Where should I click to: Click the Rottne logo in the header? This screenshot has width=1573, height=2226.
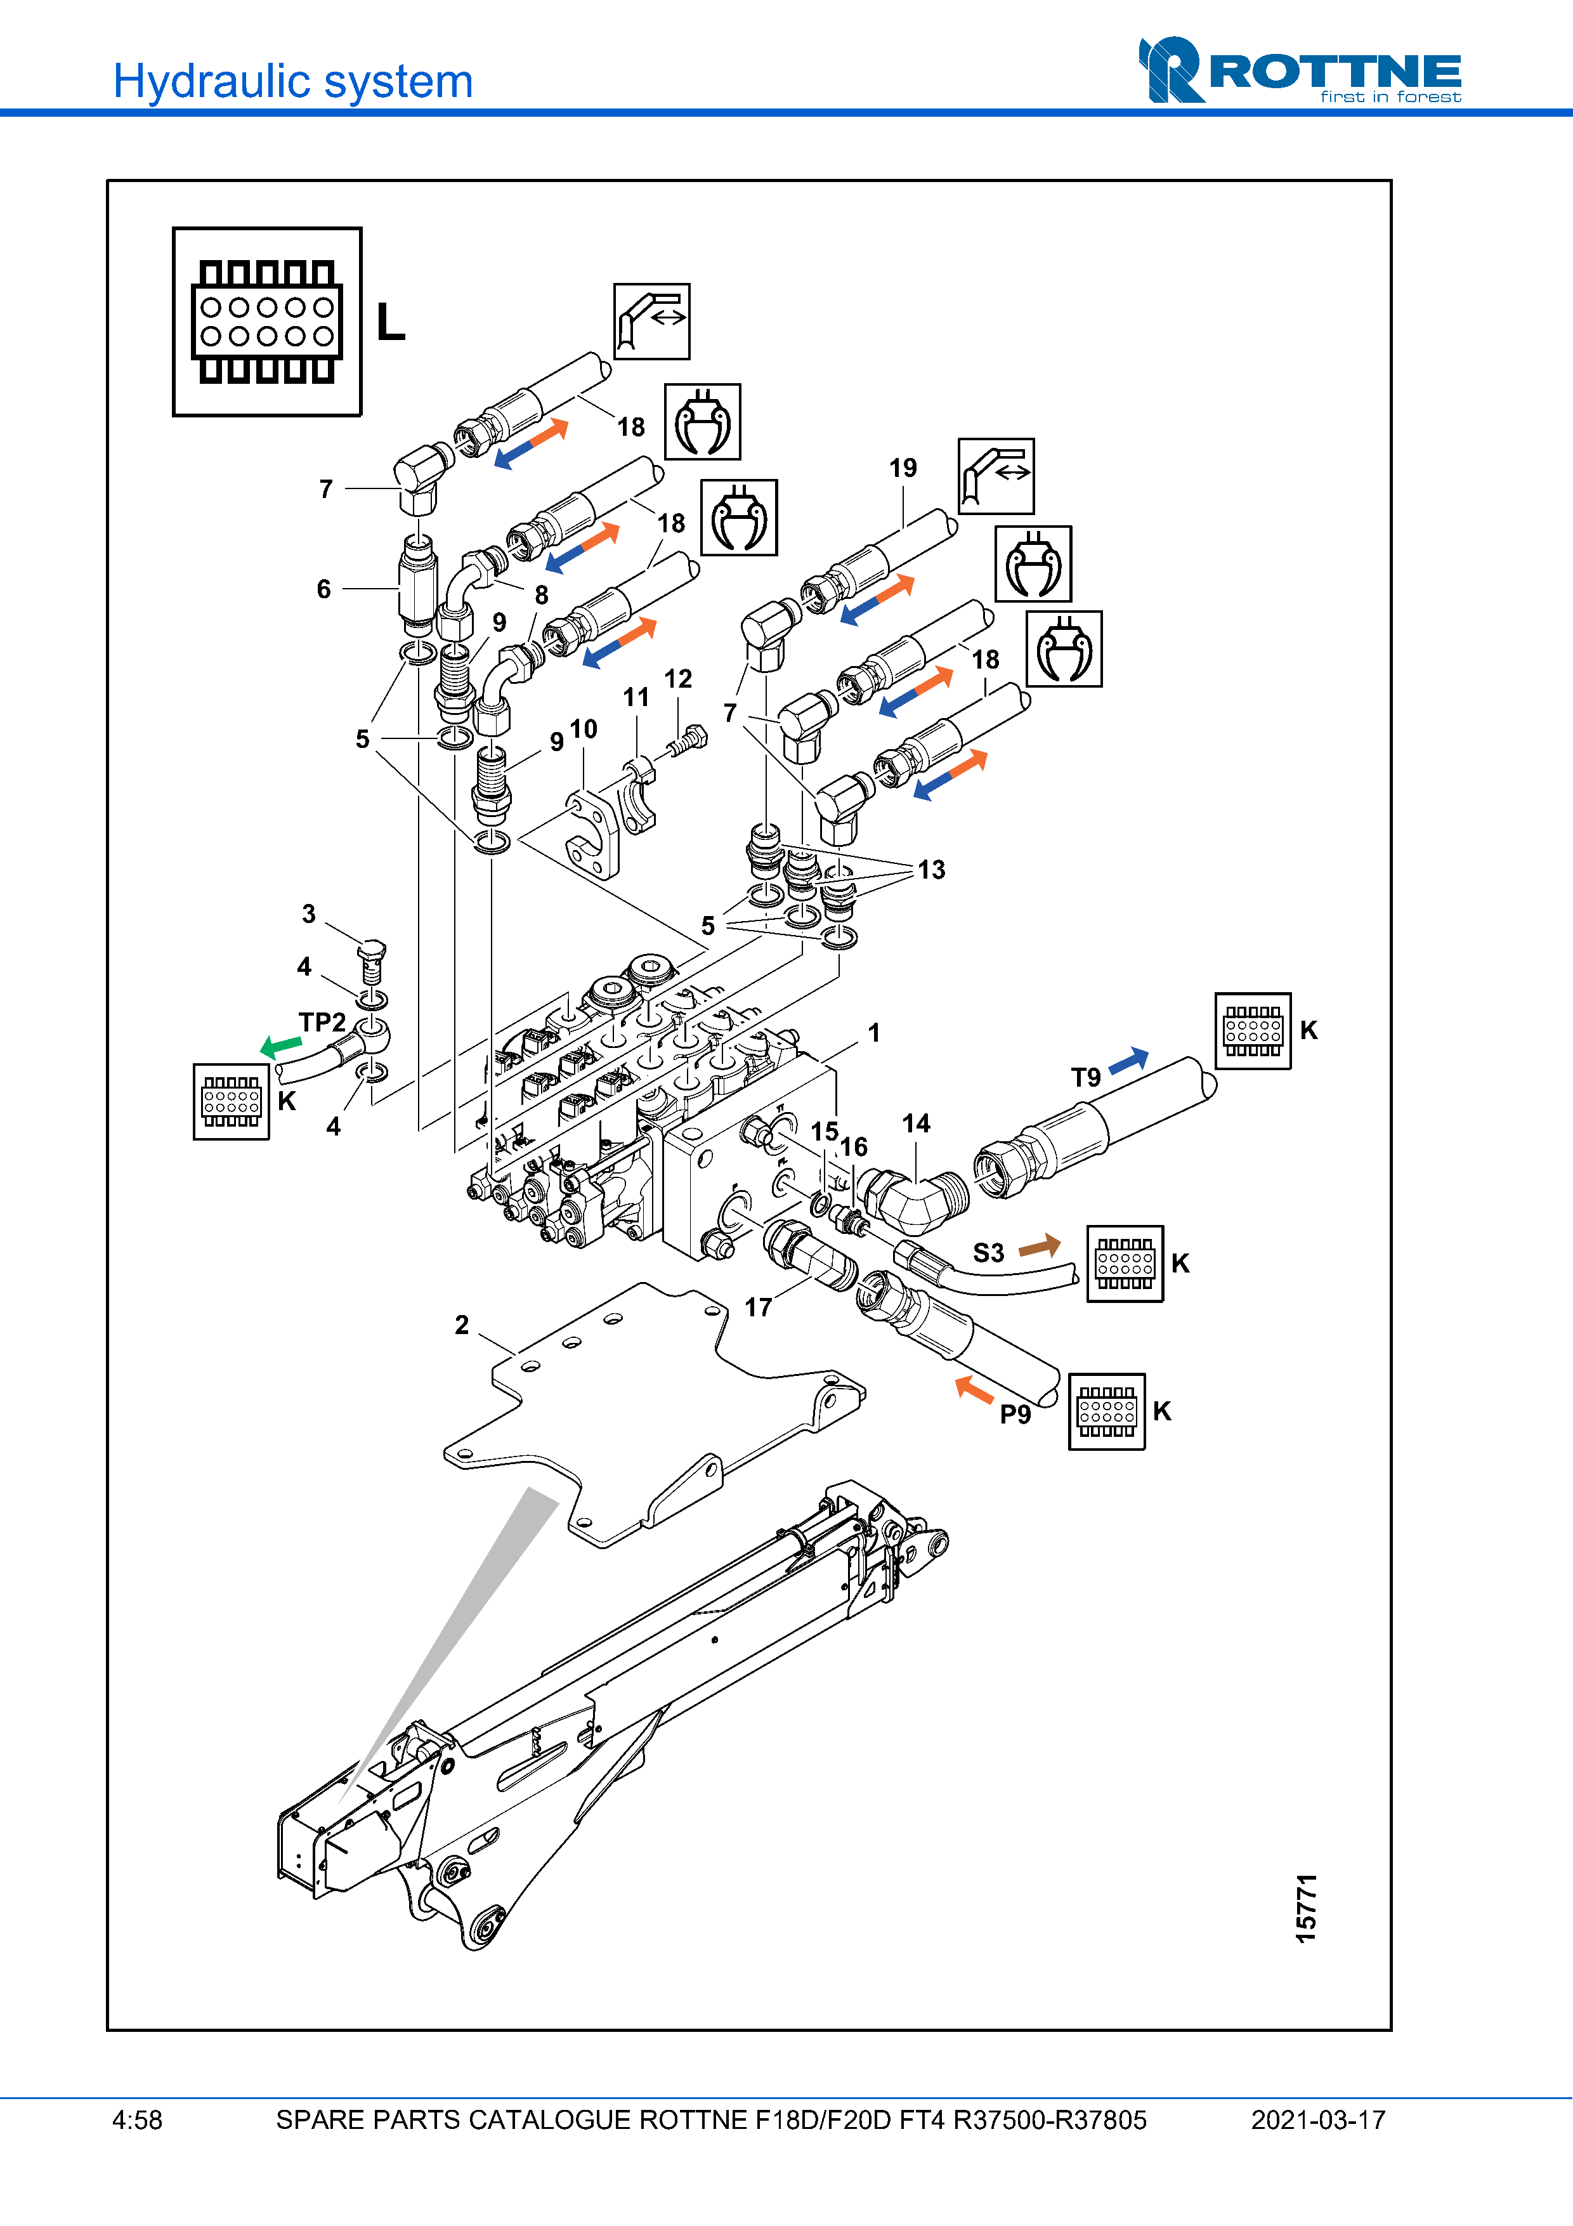[x=1299, y=70]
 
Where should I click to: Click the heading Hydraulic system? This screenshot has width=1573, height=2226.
[x=292, y=81]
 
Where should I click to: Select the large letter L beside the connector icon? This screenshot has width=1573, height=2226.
[x=391, y=321]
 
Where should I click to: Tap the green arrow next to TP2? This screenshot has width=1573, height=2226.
[x=281, y=1046]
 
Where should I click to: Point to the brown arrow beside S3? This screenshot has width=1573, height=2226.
[x=1040, y=1246]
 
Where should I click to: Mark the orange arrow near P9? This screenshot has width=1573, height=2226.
[x=974, y=1389]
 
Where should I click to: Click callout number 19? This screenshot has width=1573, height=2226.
[x=903, y=468]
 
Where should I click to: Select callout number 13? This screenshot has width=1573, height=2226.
[x=931, y=870]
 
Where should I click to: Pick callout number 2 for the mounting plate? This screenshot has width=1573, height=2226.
[x=462, y=1325]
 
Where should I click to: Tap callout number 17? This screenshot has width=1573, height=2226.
[x=758, y=1308]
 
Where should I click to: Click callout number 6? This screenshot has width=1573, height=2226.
[x=323, y=589]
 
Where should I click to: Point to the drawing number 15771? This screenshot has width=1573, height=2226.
[x=1307, y=1908]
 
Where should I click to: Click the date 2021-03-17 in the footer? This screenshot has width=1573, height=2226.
[x=1318, y=2120]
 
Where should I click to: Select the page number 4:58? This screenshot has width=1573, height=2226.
[x=138, y=2120]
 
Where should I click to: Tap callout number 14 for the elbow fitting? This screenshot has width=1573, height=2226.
[x=916, y=1123]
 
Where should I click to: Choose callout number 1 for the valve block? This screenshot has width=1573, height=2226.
[x=874, y=1033]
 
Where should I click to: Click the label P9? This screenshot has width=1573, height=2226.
[x=1015, y=1415]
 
